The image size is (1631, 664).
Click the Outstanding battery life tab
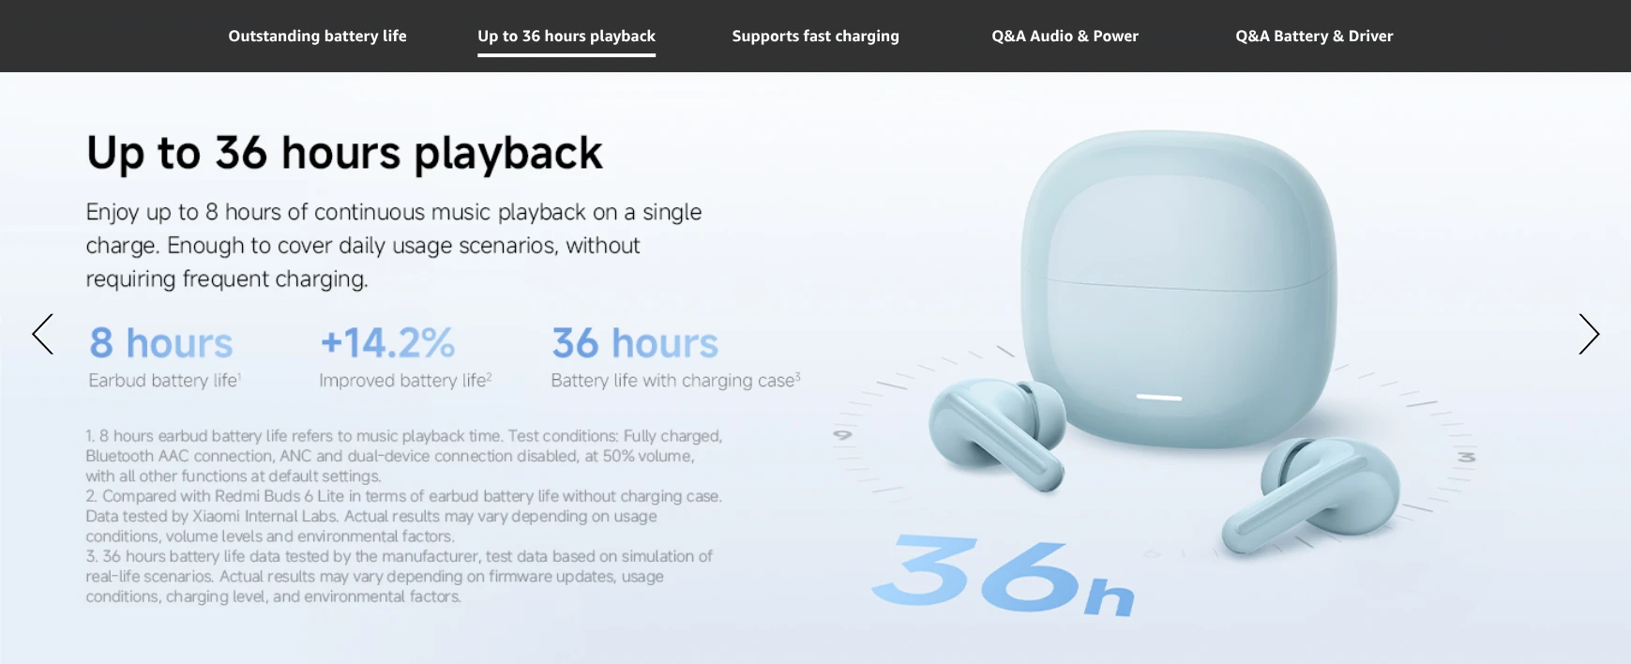tap(317, 36)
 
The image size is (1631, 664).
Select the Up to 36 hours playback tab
tap(566, 36)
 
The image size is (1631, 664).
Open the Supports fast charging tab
tap(815, 36)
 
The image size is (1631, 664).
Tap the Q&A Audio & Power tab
tap(1065, 36)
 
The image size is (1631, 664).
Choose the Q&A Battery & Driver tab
tap(1314, 36)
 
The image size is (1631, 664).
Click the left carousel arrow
tap(43, 334)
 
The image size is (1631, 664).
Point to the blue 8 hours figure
tap(160, 343)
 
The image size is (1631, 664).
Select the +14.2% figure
tap(387, 343)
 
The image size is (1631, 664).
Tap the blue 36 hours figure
tap(635, 343)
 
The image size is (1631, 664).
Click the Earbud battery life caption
tap(164, 381)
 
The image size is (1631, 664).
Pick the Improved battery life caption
tap(405, 381)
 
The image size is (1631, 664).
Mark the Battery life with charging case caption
tap(675, 381)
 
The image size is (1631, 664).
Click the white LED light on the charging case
tap(1159, 398)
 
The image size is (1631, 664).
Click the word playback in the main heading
tap(508, 154)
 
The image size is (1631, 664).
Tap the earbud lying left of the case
tap(997, 431)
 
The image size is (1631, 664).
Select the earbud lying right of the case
tap(1311, 493)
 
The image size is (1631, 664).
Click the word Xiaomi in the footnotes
tap(217, 517)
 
